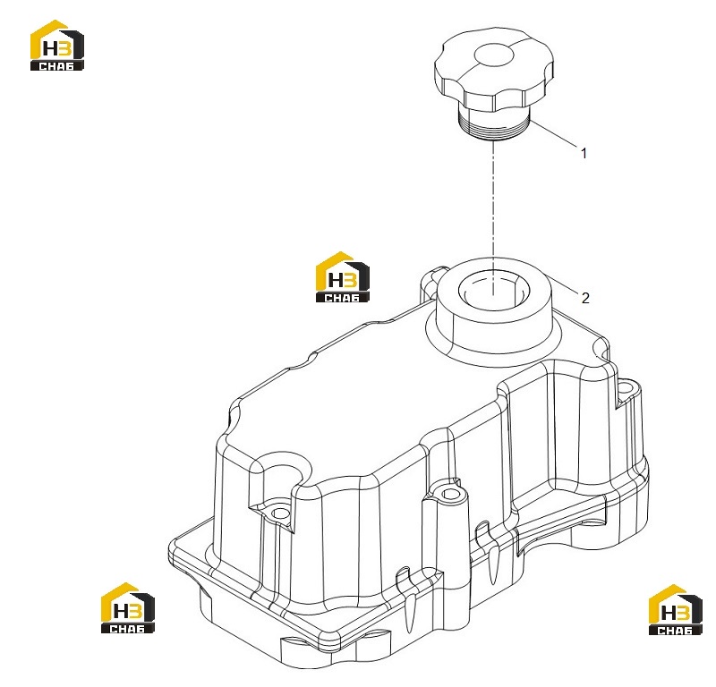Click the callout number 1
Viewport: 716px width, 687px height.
tap(584, 153)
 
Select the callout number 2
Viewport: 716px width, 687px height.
tap(585, 298)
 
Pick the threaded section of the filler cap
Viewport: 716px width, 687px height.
tap(494, 125)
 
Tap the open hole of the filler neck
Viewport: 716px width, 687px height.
tap(493, 291)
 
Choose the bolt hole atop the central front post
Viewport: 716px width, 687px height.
tap(450, 494)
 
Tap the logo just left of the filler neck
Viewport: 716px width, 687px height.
tap(343, 277)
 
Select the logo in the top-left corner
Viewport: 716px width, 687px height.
tap(57, 46)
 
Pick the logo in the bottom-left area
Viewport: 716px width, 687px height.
tap(128, 608)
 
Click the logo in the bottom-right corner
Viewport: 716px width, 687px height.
tap(676, 610)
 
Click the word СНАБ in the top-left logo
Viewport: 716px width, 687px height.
tap(56, 66)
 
